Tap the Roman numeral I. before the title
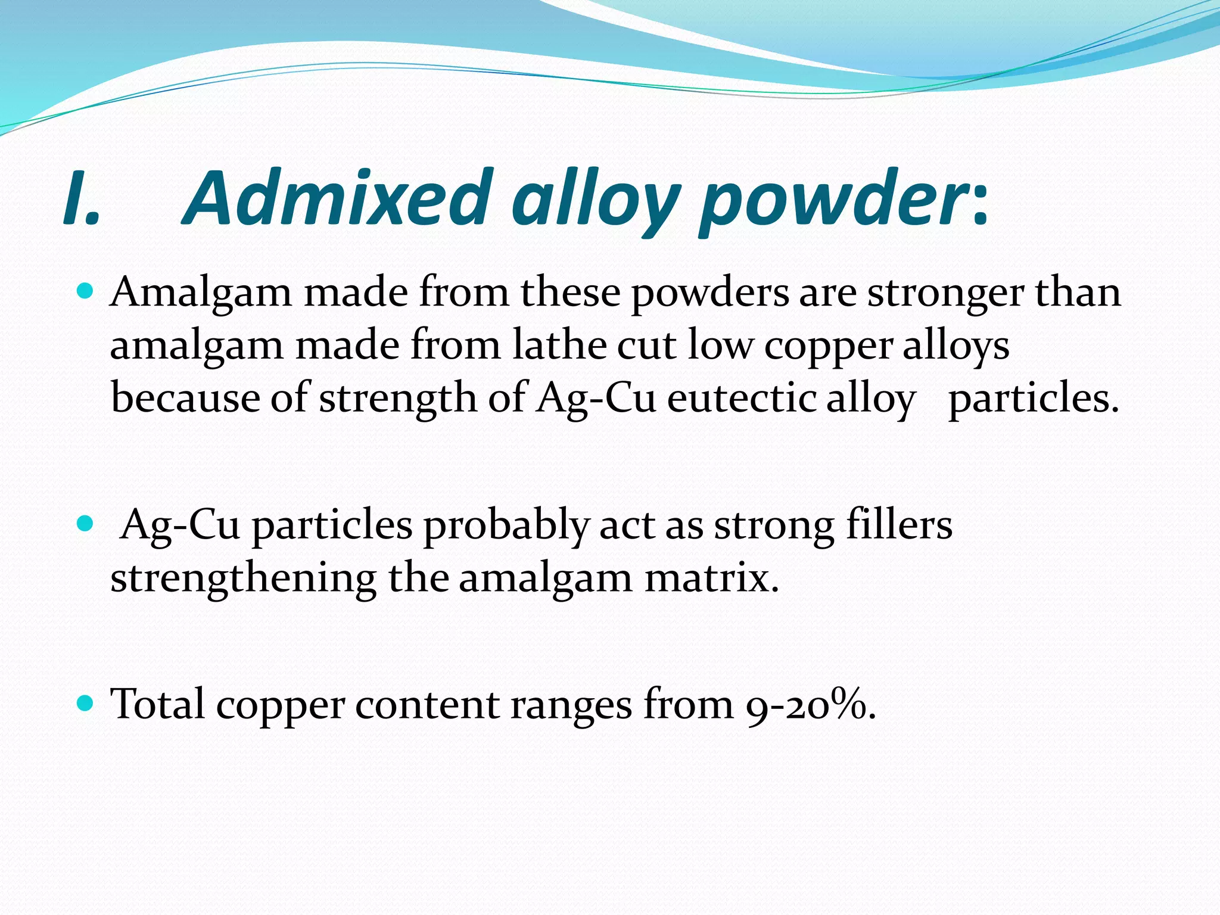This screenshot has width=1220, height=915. (x=81, y=198)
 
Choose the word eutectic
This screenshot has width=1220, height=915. (x=741, y=398)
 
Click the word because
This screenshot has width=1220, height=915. (x=185, y=398)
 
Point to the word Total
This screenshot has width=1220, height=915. (x=158, y=704)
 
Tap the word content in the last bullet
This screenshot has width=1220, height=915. (x=427, y=704)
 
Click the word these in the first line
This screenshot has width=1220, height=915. (x=570, y=293)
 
